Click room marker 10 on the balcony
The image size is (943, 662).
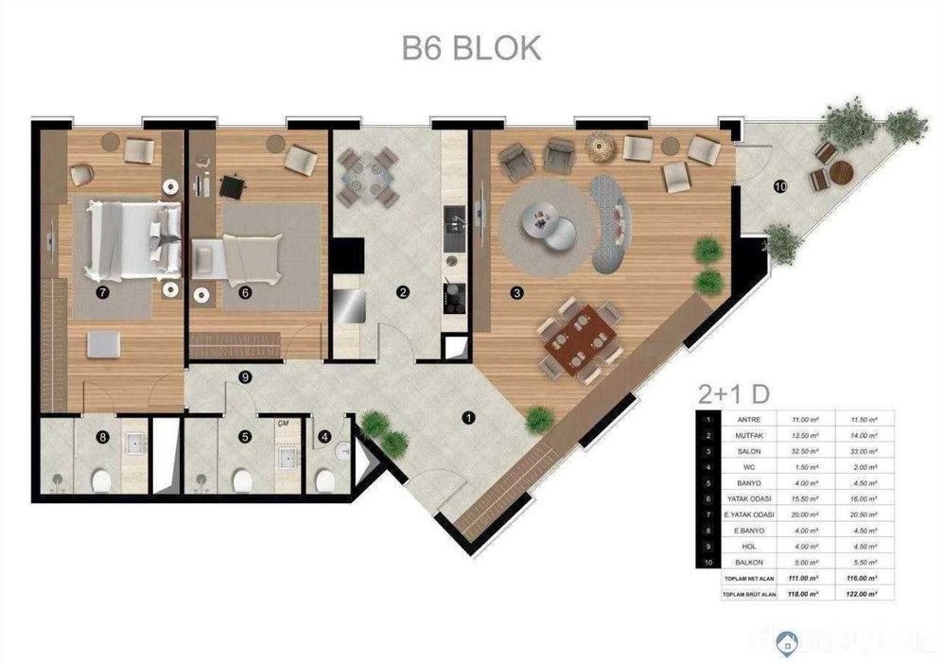tap(779, 185)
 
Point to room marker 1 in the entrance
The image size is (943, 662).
tap(467, 416)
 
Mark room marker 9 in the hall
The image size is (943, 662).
tap(245, 377)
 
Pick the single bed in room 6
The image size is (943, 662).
tap(239, 254)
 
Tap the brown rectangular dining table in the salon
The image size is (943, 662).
tap(578, 338)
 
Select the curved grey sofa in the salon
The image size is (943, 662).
tap(612, 219)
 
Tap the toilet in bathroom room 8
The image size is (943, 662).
tap(101, 483)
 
